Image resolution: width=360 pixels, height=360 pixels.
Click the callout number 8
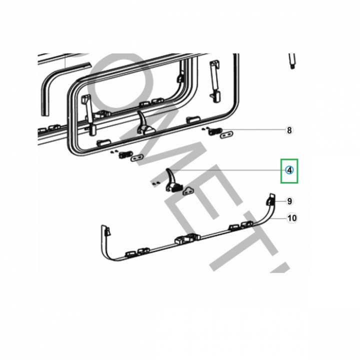pyautogui.click(x=289, y=131)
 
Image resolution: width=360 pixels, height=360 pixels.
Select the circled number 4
pyautogui.click(x=289, y=170)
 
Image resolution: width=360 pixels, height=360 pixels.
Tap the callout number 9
pyautogui.click(x=289, y=201)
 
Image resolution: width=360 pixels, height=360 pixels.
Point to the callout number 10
pyautogui.click(x=291, y=218)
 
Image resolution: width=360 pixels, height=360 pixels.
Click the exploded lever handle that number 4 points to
pyautogui.click(x=171, y=180)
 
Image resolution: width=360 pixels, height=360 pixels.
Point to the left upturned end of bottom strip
pyautogui.click(x=107, y=231)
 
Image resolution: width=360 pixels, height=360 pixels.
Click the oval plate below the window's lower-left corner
pyautogui.click(x=136, y=157)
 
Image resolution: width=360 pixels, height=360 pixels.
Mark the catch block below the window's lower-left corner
pyautogui.click(x=123, y=155)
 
